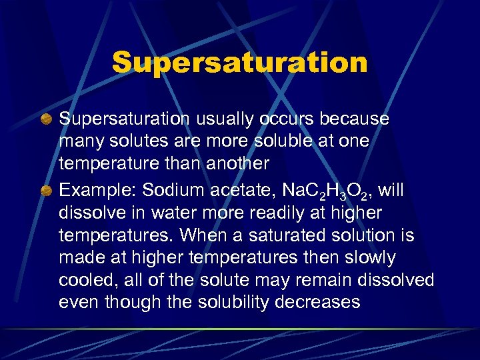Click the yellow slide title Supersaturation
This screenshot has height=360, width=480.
(240, 63)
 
